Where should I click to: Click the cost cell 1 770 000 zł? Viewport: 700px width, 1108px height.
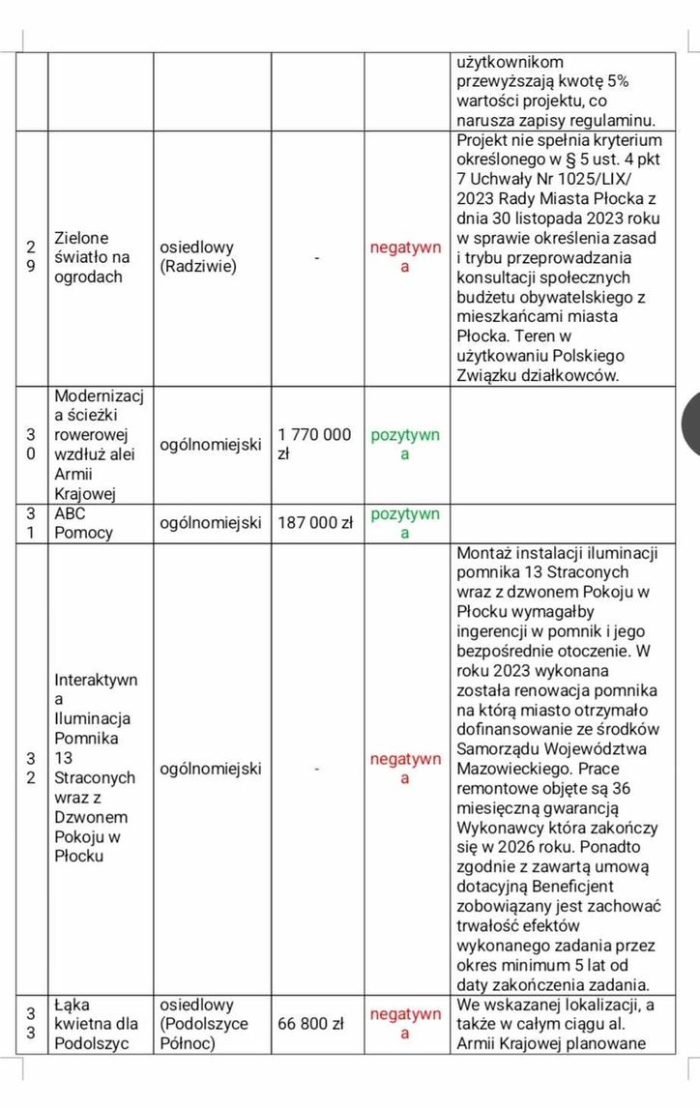314,444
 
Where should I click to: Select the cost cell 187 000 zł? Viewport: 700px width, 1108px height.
314,523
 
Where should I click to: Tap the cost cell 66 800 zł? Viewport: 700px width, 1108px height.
312,1023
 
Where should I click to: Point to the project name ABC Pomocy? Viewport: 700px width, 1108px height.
83,523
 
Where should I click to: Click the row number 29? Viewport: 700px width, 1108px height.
32,257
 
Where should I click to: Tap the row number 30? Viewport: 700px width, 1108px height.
32,445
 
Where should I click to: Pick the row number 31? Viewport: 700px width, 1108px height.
32,523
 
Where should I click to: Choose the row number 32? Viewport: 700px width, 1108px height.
32,769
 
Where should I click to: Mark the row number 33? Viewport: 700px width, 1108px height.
32,1023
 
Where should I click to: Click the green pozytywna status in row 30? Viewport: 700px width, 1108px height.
405,444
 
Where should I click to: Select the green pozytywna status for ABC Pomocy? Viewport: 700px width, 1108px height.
405,523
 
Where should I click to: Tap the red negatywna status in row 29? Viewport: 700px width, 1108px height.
405,257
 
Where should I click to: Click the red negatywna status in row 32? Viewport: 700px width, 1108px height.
405,769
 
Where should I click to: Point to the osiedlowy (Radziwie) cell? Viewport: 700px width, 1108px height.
198,257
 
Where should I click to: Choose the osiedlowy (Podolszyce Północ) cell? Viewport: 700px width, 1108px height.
204,1023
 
